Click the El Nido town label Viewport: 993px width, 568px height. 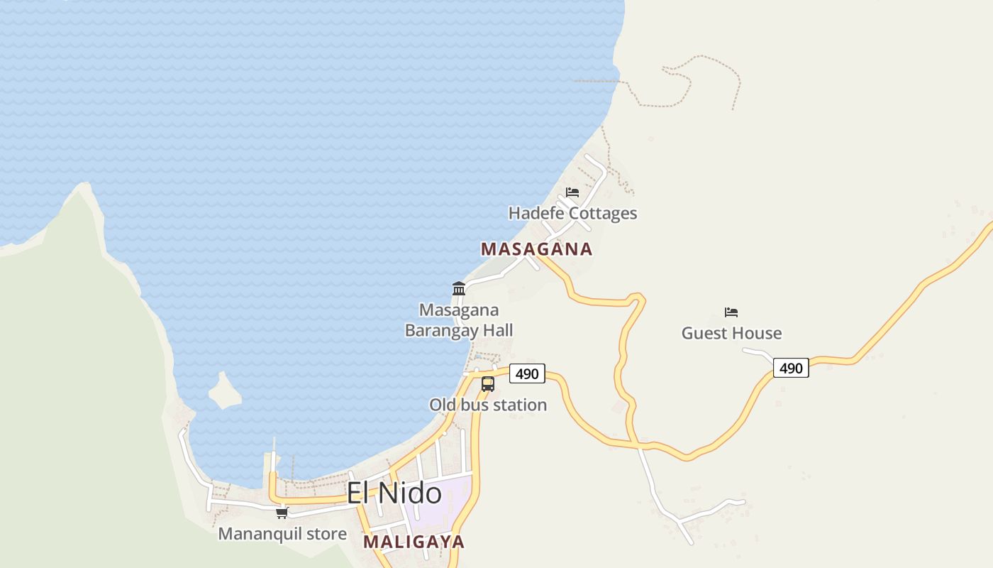pyautogui.click(x=394, y=493)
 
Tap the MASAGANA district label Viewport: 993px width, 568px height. pyautogui.click(x=536, y=249)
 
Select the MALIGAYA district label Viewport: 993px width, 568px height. pyautogui.click(x=414, y=542)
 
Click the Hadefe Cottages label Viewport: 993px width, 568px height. pyautogui.click(x=572, y=213)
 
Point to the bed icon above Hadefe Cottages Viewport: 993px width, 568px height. pyautogui.click(x=572, y=192)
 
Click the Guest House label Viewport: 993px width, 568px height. pyautogui.click(x=731, y=333)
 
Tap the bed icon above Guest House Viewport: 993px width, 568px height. pyautogui.click(x=731, y=312)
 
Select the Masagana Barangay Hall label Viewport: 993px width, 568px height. pyautogui.click(x=459, y=320)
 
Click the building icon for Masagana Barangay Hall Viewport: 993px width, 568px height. pyautogui.click(x=459, y=289)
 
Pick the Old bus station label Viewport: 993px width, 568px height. pyautogui.click(x=488, y=405)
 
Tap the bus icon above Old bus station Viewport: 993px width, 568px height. pyautogui.click(x=488, y=384)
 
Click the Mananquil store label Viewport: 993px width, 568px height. pyautogui.click(x=282, y=534)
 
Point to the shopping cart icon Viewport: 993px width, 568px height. pyautogui.click(x=282, y=513)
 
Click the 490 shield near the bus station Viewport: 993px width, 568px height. pyautogui.click(x=527, y=373)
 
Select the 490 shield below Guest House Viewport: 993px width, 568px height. pyautogui.click(x=791, y=368)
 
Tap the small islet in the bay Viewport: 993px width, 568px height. pyautogui.click(x=225, y=391)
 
